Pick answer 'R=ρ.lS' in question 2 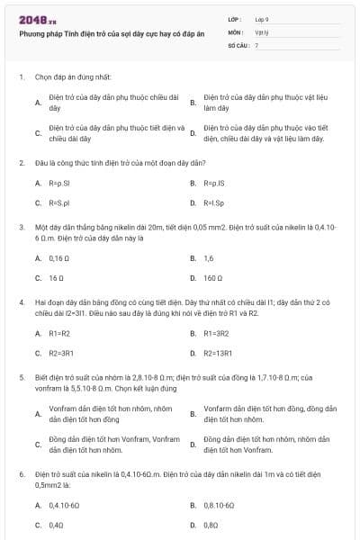pos(213,183)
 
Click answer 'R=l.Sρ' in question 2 pos(213,203)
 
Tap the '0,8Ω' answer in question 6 pos(211,523)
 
